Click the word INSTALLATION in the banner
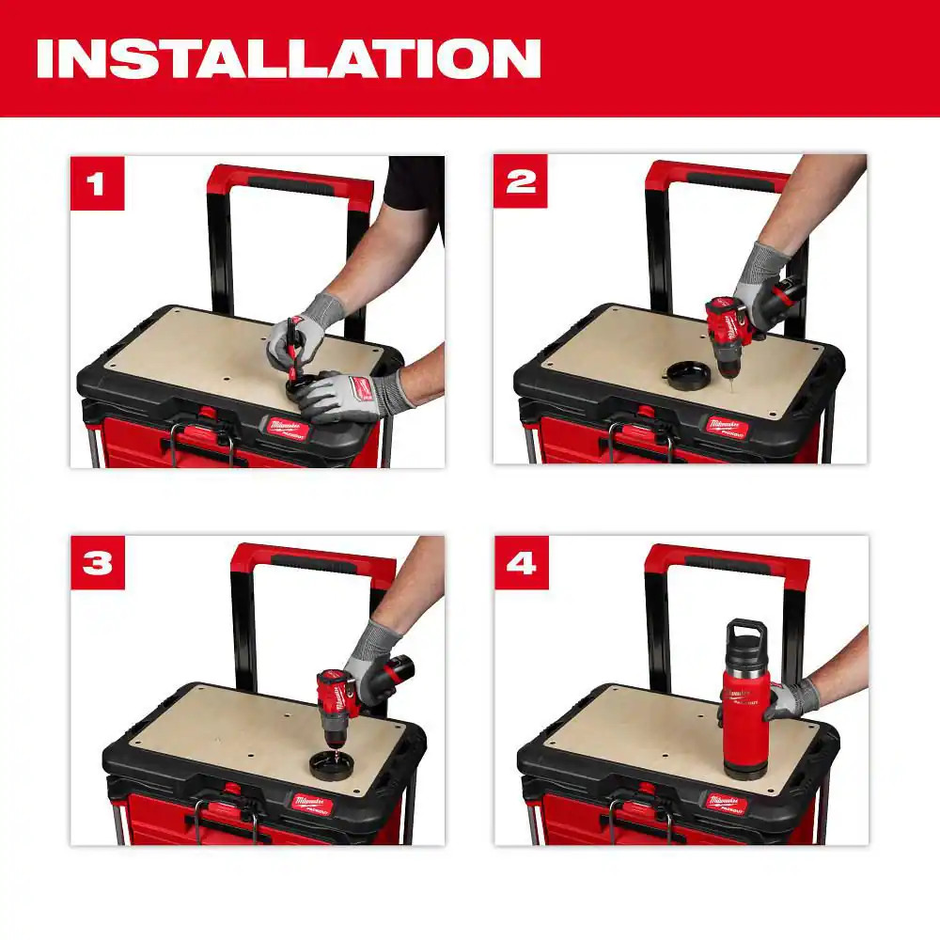coord(288,58)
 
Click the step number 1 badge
coord(98,183)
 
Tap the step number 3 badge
coord(98,562)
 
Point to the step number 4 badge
coord(521,562)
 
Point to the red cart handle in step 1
coord(291,179)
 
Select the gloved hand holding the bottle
coord(790,700)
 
